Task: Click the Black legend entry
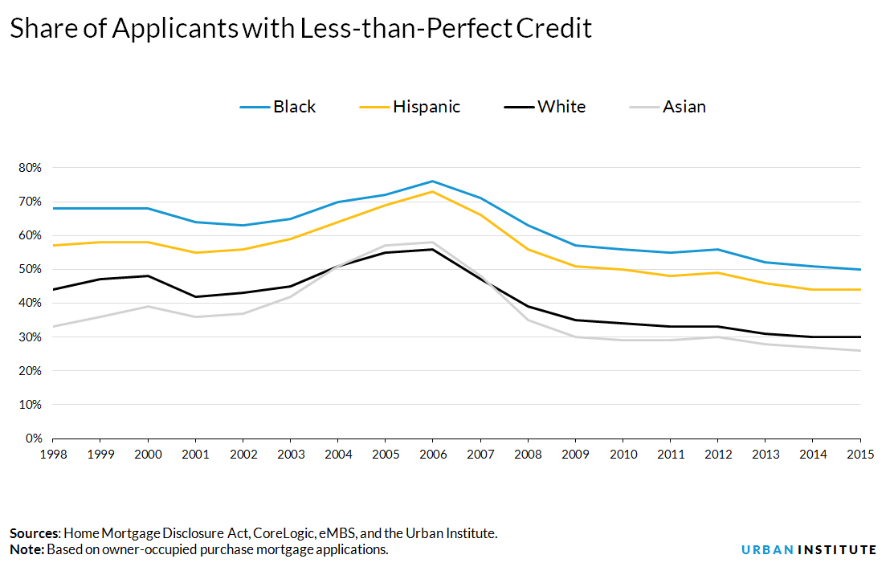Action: pos(278,107)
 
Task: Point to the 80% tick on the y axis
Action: pos(30,168)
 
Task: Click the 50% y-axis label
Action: pos(30,270)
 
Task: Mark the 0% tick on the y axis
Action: pos(33,439)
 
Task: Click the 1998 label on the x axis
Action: pos(53,454)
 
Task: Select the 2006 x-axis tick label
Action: pos(432,454)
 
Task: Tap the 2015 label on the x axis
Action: pos(859,454)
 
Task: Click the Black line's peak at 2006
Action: pos(432,182)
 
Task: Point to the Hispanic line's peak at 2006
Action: pos(432,192)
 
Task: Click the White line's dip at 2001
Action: pos(195,296)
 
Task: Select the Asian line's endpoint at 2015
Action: pos(859,350)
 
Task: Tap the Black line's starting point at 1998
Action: pos(53,209)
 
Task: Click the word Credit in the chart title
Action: pos(553,29)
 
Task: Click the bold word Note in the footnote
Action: pos(27,550)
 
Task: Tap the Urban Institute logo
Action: pos(809,550)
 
